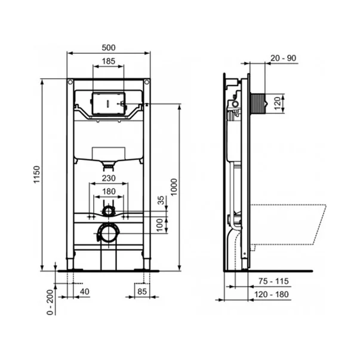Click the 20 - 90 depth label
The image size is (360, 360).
283,58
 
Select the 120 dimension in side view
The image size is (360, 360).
276,103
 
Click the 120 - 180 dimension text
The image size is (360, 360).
273,296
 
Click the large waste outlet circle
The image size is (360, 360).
108,233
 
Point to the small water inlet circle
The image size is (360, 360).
108,210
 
